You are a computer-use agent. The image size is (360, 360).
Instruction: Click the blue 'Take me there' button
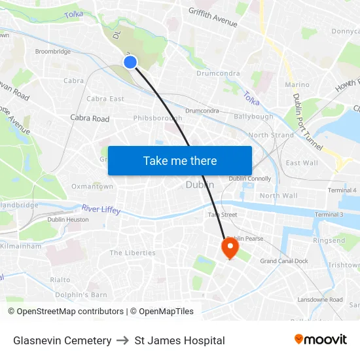click(x=180, y=160)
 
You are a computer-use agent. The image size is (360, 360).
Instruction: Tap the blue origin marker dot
click(x=130, y=62)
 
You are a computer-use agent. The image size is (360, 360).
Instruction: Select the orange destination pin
click(x=230, y=247)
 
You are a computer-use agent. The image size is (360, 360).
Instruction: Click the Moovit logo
click(x=321, y=340)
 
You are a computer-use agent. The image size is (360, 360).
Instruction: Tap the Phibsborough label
click(x=158, y=118)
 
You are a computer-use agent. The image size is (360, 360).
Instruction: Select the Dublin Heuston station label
click(x=68, y=219)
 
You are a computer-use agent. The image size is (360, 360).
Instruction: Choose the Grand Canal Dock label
click(x=284, y=261)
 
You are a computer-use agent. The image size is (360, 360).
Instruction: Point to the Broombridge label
click(x=53, y=51)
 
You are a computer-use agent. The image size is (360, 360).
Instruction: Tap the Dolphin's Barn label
click(x=81, y=295)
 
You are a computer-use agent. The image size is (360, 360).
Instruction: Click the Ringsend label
click(x=329, y=241)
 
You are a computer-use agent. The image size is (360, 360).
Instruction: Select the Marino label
click(x=297, y=84)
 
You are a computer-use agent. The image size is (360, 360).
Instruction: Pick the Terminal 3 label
click(x=329, y=215)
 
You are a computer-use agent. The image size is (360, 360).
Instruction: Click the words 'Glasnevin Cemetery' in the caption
click(x=62, y=340)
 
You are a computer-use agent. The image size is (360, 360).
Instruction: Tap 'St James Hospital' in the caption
click(x=179, y=340)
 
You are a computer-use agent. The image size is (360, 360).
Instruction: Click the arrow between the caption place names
click(x=123, y=340)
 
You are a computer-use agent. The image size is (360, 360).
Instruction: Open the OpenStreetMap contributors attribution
click(x=65, y=312)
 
